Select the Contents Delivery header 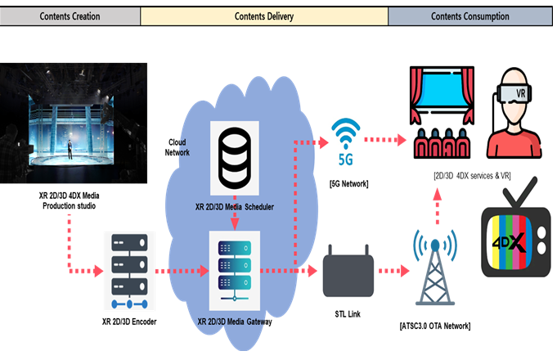[x=263, y=16]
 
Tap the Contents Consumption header [x=472, y=16]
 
